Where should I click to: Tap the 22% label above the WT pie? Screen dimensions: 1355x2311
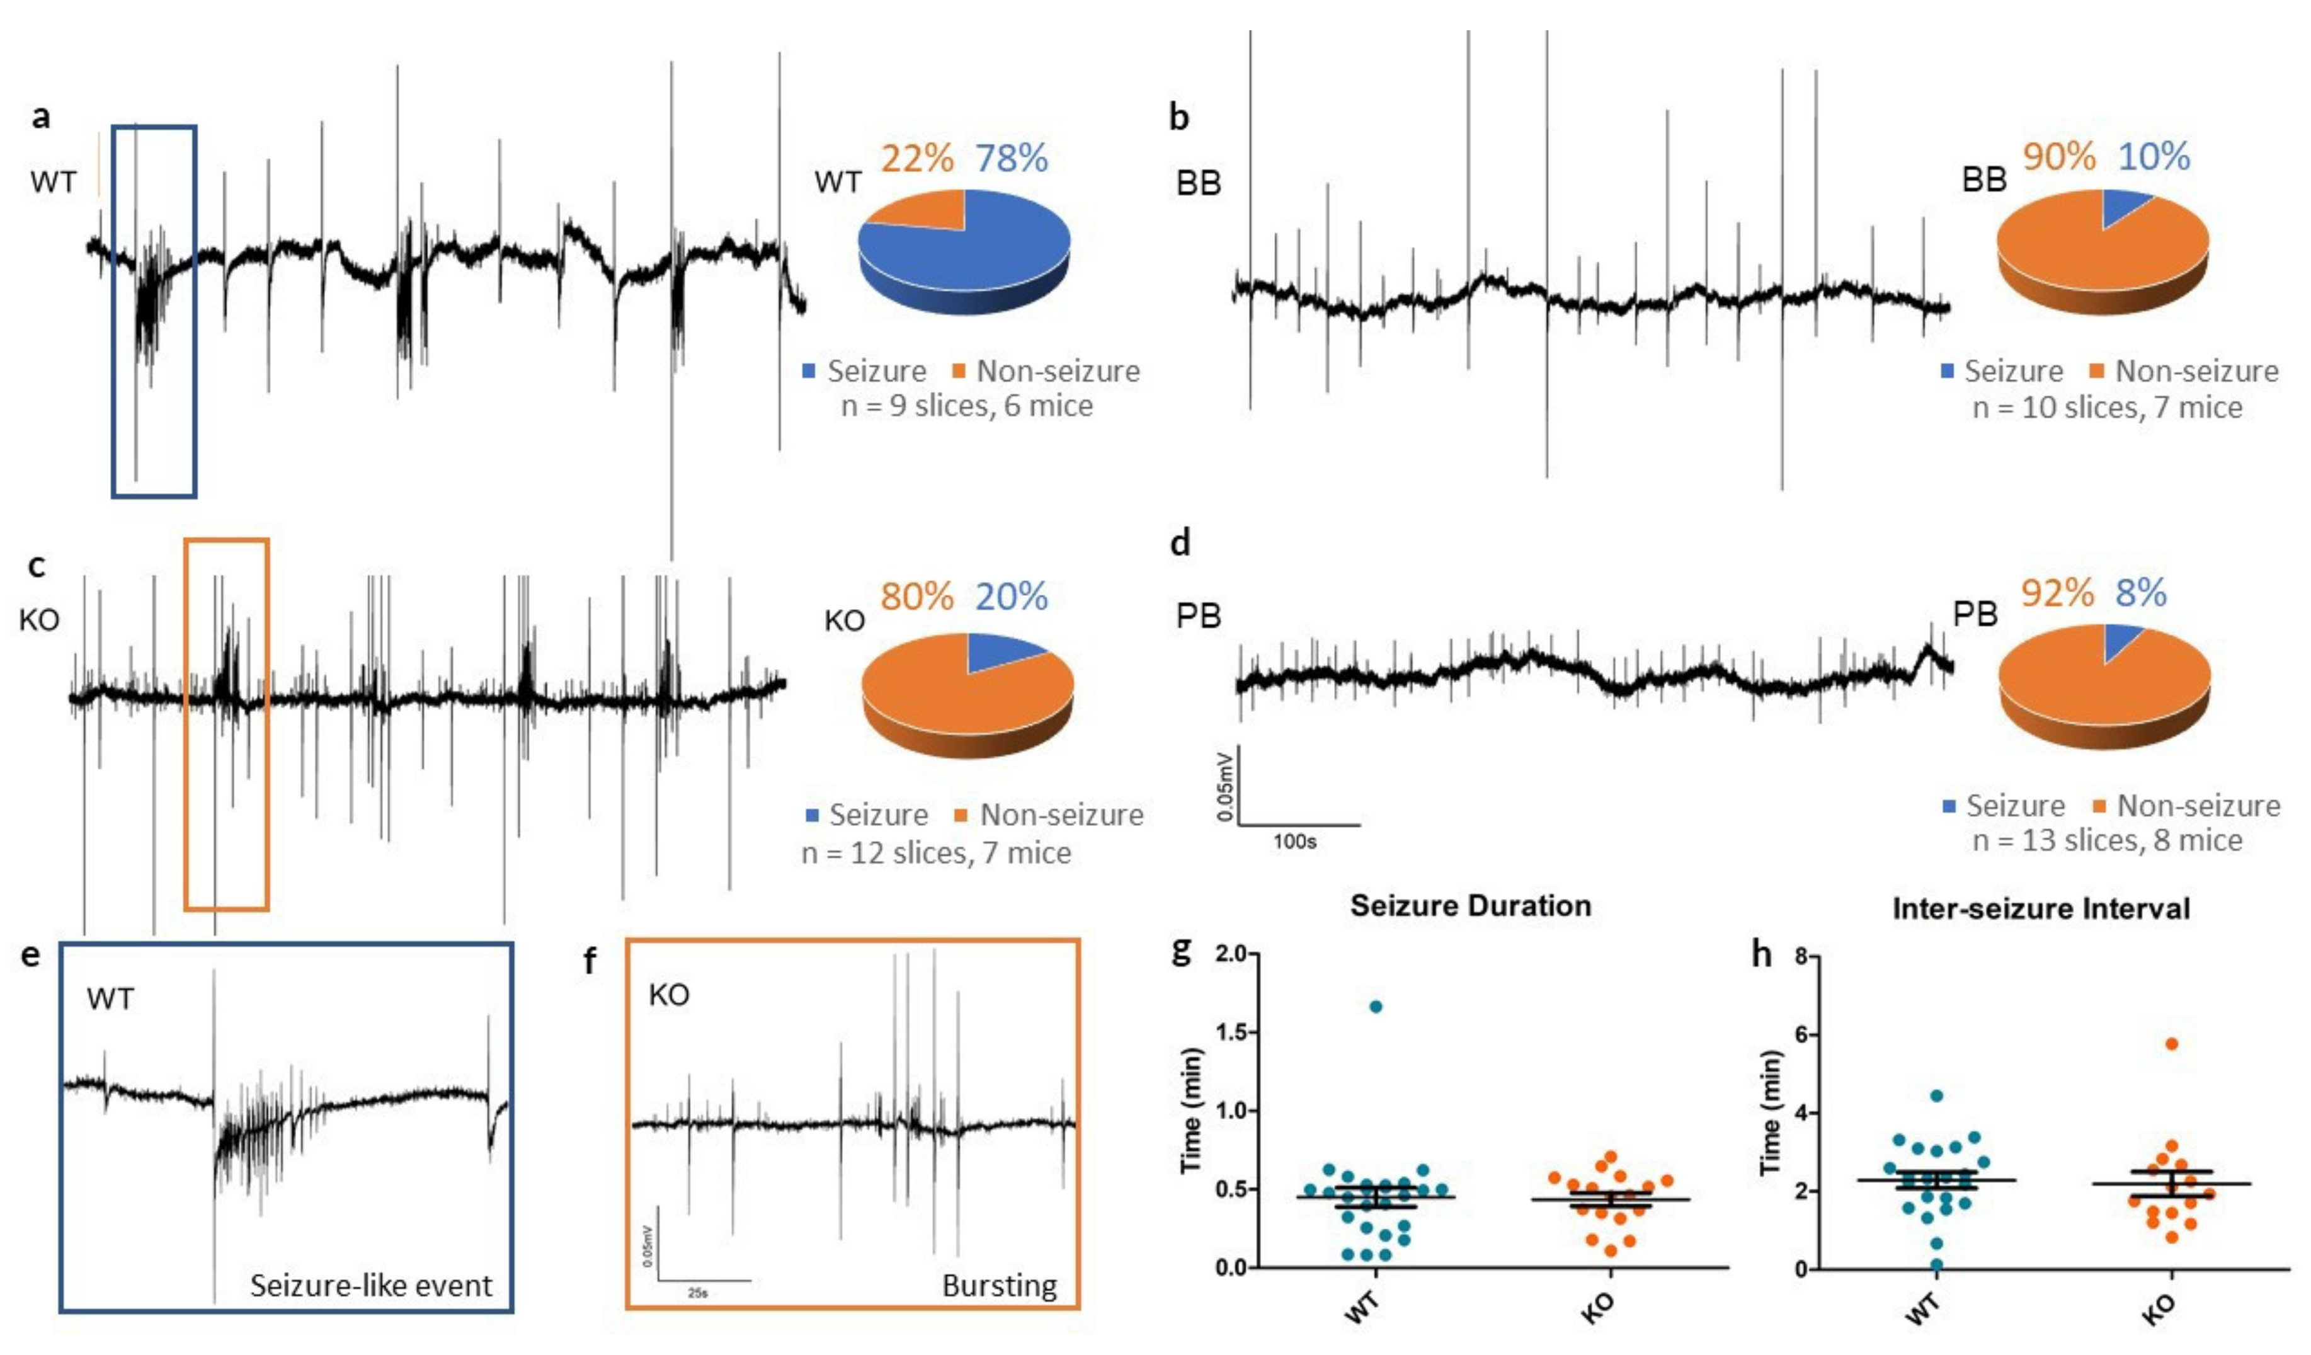click(x=917, y=159)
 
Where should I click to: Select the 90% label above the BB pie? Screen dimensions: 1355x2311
click(x=2059, y=157)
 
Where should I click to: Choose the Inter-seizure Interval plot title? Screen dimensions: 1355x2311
click(x=2040, y=908)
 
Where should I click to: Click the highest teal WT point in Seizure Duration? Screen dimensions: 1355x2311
click(x=1376, y=1007)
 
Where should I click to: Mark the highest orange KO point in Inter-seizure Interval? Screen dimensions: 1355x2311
click(x=2171, y=1044)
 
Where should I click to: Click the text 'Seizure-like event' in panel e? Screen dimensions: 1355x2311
click(x=372, y=1285)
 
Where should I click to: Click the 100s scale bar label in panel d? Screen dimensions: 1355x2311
click(x=1294, y=841)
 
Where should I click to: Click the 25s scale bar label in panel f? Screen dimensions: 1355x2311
click(x=697, y=1293)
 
